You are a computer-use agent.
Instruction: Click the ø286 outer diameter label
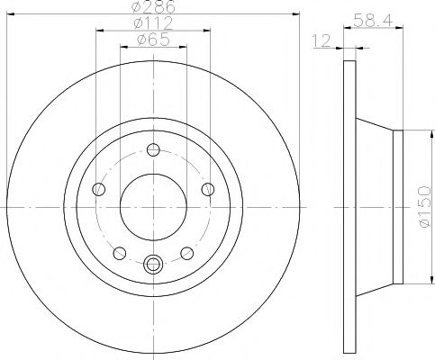pyautogui.click(x=150, y=6)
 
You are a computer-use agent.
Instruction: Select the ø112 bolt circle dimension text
pyautogui.click(x=150, y=24)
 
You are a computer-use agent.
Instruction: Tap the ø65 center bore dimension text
pyautogui.click(x=150, y=40)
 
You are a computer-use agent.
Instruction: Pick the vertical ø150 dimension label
pyautogui.click(x=422, y=206)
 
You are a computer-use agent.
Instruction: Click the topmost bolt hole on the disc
pyautogui.click(x=152, y=150)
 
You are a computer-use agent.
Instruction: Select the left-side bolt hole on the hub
pyautogui.click(x=98, y=189)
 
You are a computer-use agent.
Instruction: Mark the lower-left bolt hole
pyautogui.click(x=118, y=253)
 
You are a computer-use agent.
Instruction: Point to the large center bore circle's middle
pyautogui.click(x=152, y=206)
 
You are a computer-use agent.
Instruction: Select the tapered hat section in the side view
pyautogui.click(x=374, y=206)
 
